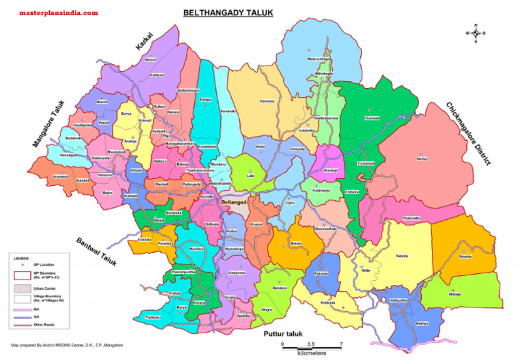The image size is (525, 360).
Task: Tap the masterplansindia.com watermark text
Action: pos(58,13)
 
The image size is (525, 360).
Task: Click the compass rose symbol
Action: pos(475,33)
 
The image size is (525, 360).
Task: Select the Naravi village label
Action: pos(150,59)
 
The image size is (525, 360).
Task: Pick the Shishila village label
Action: pos(465,257)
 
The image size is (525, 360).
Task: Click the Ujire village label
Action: pos(290,202)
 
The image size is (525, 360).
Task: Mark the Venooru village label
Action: pos(105,175)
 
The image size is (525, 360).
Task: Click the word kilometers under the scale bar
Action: pos(312,354)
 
